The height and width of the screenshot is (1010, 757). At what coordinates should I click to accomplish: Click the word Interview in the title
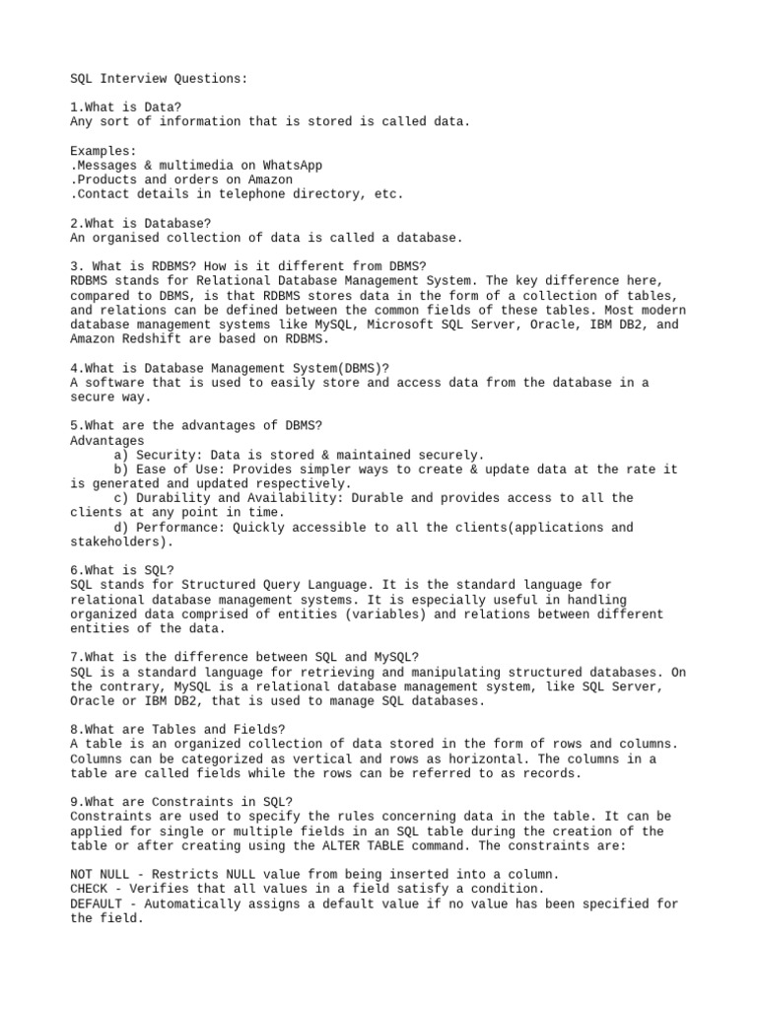tap(136, 78)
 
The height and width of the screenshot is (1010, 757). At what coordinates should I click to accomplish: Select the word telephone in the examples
tap(247, 194)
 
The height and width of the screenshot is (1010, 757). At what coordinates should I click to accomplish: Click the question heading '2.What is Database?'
tap(141, 224)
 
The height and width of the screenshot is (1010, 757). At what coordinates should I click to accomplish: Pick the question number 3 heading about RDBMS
tap(247, 266)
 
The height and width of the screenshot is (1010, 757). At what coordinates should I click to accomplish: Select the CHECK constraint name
tap(89, 889)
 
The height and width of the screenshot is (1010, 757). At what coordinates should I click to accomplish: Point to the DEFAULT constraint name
tap(96, 903)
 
